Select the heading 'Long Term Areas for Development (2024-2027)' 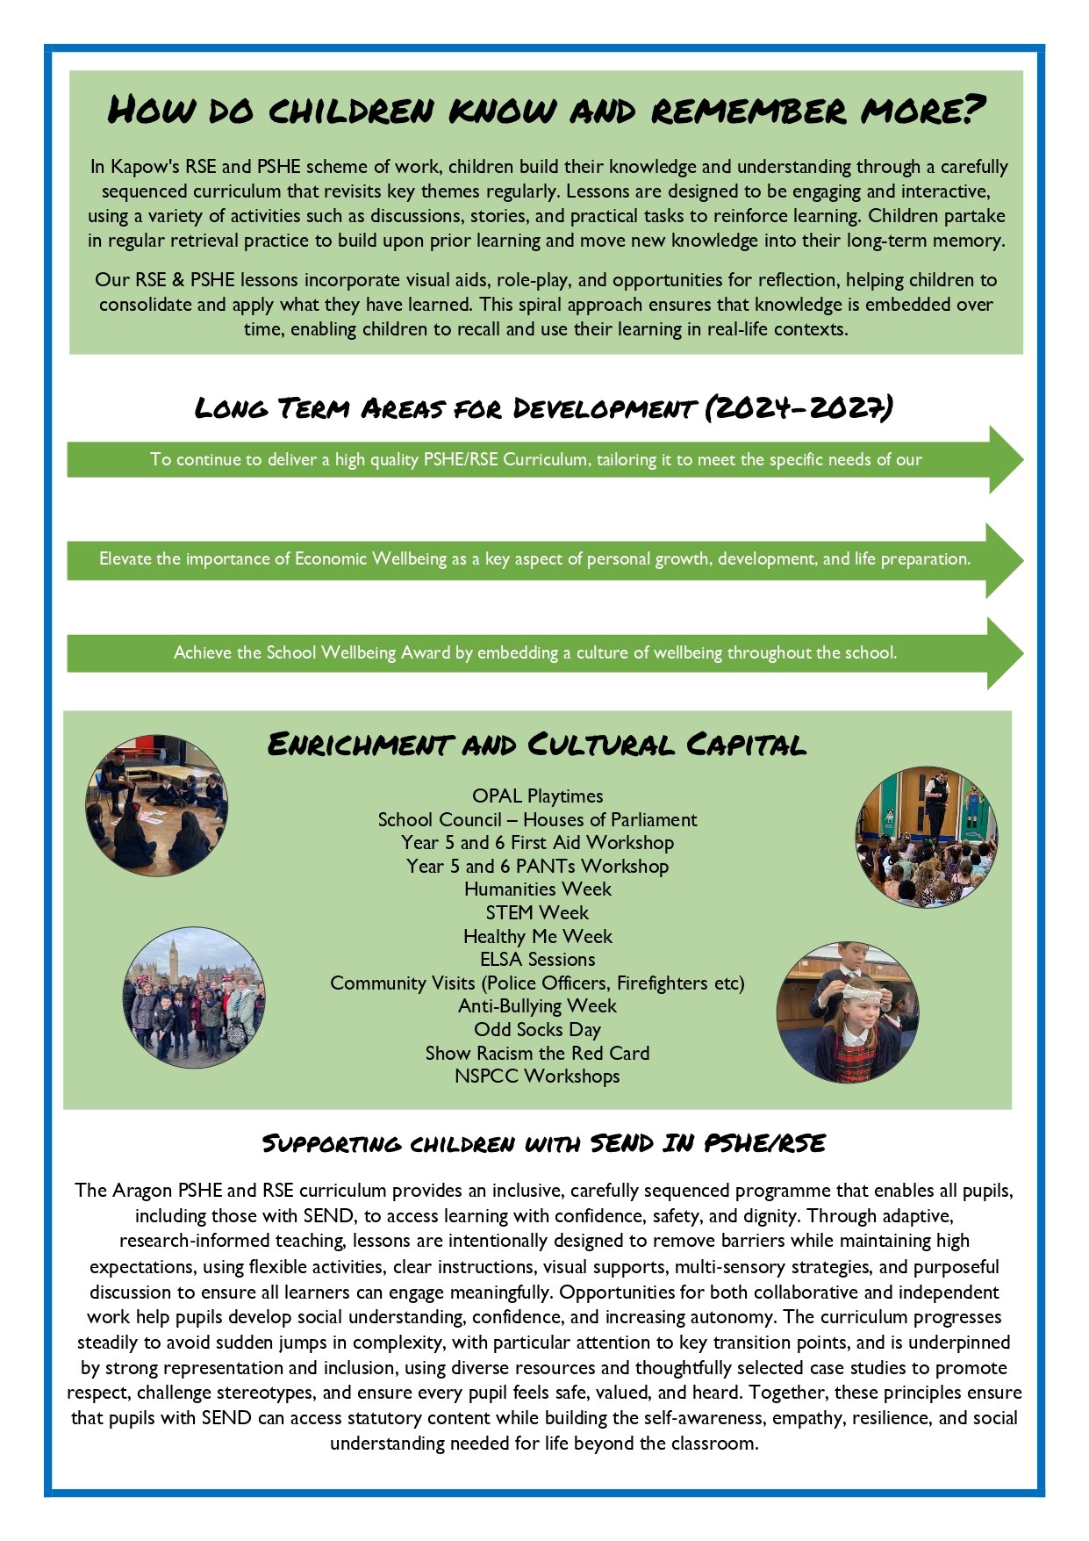pos(543,408)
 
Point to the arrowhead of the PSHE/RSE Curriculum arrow pos(1004,459)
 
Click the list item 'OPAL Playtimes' pos(537,796)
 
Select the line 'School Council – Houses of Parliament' pos(537,819)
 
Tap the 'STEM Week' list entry pos(537,912)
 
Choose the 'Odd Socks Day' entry pos(537,1029)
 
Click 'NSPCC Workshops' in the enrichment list pos(537,1076)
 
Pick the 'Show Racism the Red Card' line pos(537,1053)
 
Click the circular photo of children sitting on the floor pos(156,805)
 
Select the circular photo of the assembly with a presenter pos(926,836)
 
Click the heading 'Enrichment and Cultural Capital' pos(536,745)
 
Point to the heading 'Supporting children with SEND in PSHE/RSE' pos(544,1143)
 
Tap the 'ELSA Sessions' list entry pos(537,959)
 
